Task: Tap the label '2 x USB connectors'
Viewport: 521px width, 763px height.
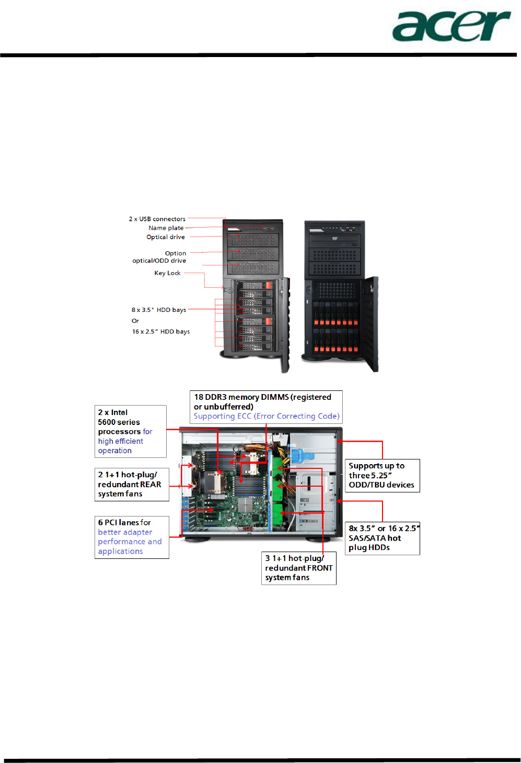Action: click(157, 219)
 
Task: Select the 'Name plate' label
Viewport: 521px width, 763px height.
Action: click(166, 228)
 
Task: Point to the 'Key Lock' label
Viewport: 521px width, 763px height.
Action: click(167, 273)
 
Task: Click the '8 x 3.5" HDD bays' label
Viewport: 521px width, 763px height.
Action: click(159, 310)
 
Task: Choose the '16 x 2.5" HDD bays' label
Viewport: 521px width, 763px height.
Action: click(161, 331)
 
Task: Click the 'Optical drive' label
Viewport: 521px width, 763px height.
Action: click(166, 237)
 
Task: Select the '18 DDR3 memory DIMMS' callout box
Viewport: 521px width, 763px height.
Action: click(266, 407)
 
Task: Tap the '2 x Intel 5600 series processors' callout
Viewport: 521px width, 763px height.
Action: click(130, 431)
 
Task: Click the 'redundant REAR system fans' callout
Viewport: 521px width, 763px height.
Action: click(132, 484)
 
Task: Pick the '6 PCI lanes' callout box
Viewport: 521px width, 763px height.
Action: click(132, 537)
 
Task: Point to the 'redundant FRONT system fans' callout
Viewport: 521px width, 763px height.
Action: click(298, 568)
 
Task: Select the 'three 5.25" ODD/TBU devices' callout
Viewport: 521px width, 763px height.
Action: click(382, 475)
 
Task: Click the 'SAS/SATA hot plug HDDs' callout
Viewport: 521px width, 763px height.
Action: click(382, 538)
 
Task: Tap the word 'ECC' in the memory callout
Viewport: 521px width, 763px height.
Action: click(245, 416)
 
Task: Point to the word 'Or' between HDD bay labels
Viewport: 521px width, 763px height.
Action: click(135, 321)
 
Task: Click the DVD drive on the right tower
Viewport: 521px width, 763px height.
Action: click(334, 241)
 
